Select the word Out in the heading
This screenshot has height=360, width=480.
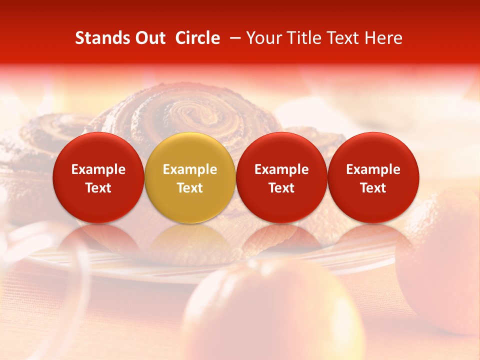point(148,38)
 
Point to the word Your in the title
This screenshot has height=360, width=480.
point(264,38)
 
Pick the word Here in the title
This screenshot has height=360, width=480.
point(384,38)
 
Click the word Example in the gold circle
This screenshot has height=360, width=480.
point(190,169)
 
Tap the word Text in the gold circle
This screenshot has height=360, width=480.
point(190,188)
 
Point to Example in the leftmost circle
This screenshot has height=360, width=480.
point(98,169)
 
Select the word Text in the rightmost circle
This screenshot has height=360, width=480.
point(373,188)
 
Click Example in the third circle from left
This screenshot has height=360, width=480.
point(281,169)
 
